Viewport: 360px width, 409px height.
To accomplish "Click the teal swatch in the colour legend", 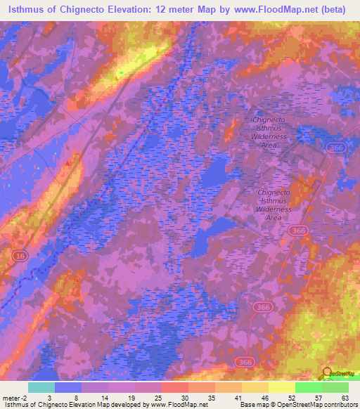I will pos(41,387).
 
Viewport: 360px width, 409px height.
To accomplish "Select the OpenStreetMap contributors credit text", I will pos(317,405).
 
